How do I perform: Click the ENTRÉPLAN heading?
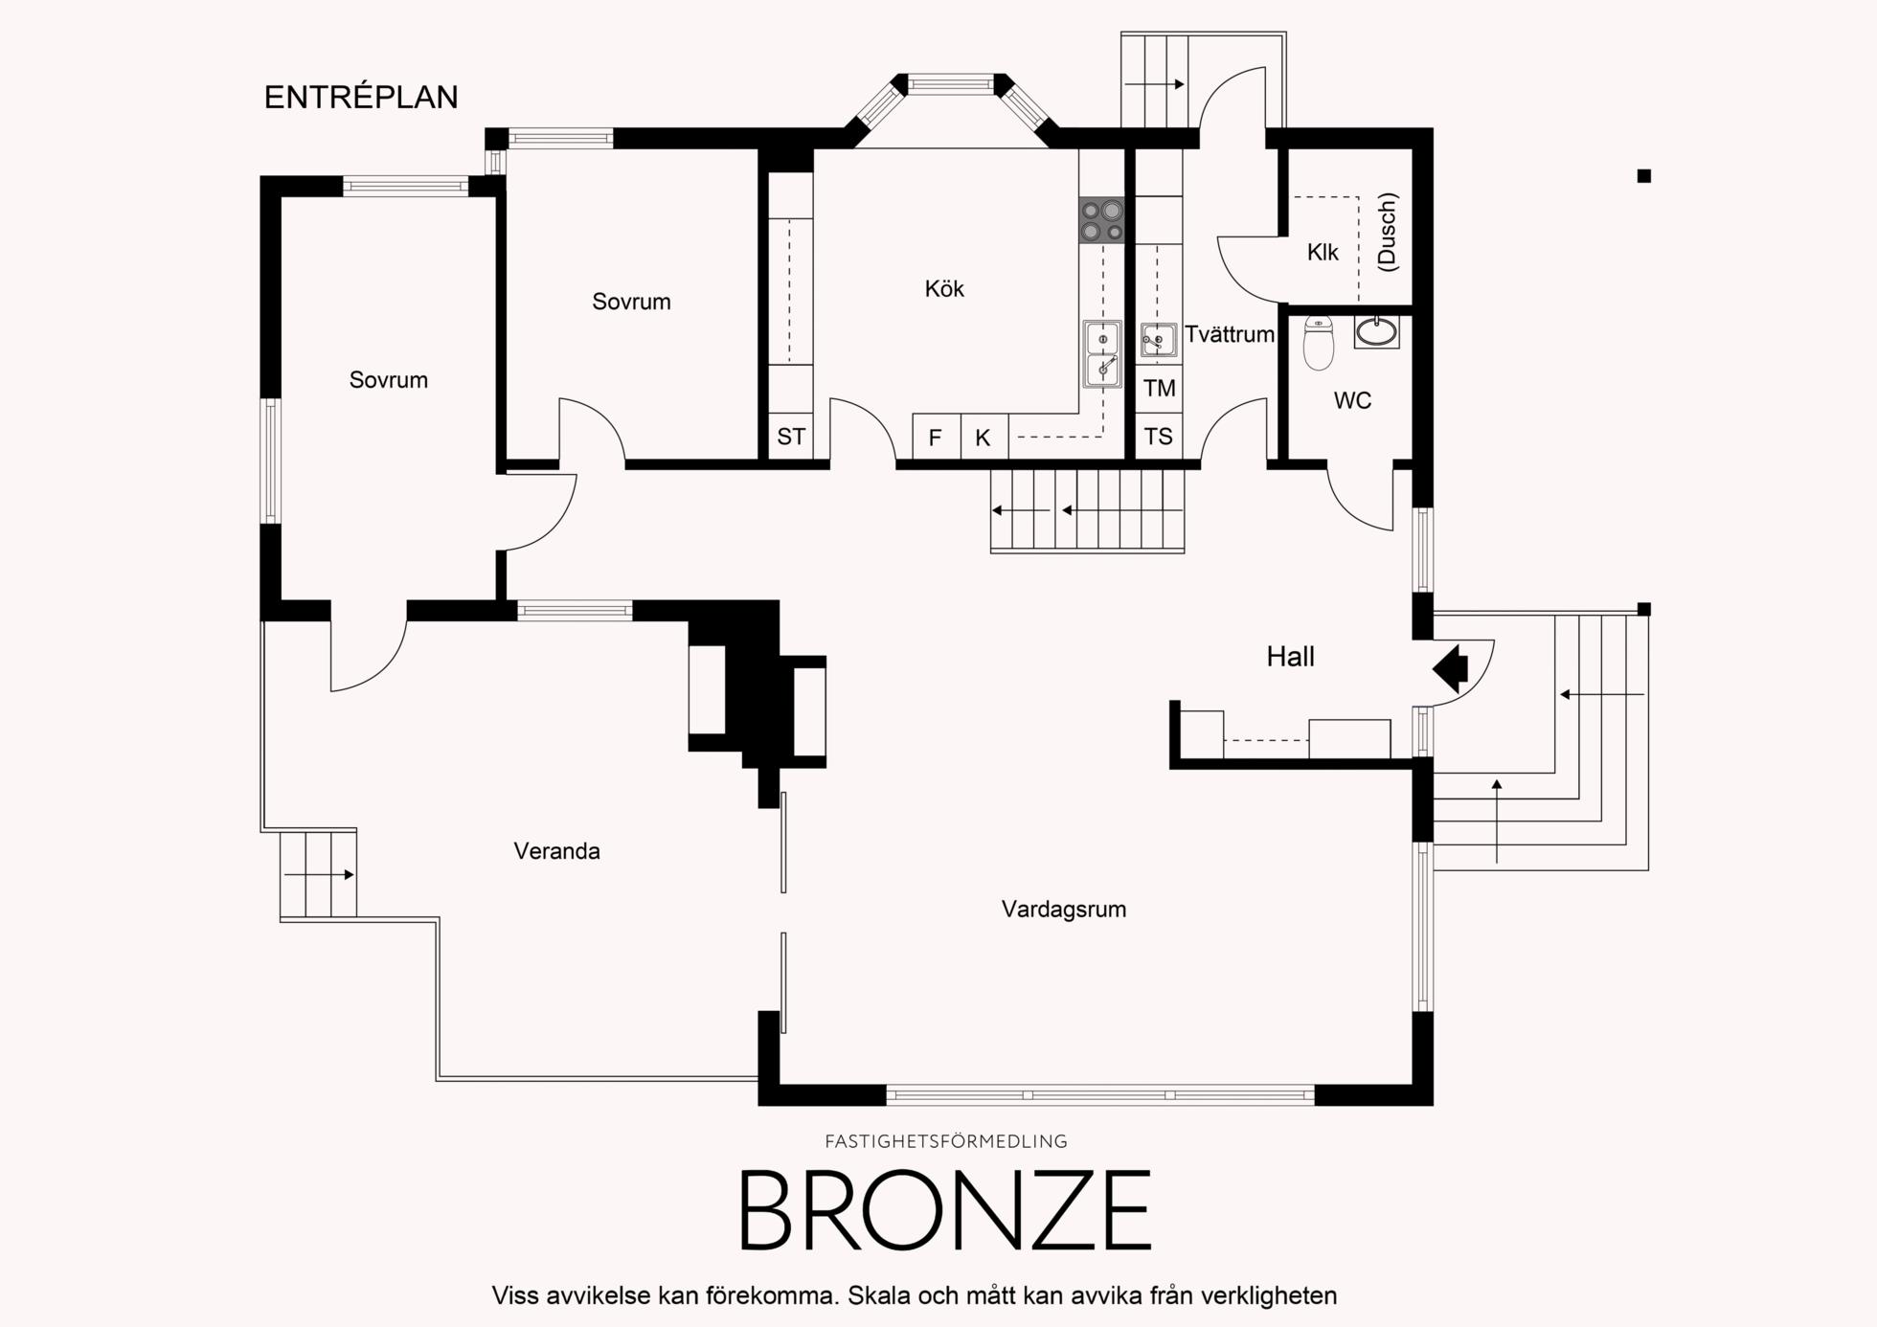(x=361, y=97)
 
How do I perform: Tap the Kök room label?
(x=944, y=288)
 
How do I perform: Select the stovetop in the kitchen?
(x=1101, y=220)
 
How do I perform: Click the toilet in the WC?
(x=1319, y=343)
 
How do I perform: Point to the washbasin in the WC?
(x=1377, y=331)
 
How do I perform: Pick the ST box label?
(x=791, y=437)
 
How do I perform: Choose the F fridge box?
(x=937, y=438)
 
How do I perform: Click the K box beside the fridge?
(x=984, y=438)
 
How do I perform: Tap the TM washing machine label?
(x=1159, y=388)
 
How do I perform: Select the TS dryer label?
(x=1159, y=437)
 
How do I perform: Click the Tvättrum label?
(x=1230, y=334)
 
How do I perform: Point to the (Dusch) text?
(x=1387, y=232)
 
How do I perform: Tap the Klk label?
(x=1323, y=252)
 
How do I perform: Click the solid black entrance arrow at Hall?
(x=1451, y=667)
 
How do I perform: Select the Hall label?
(x=1290, y=657)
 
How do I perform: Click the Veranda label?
(x=556, y=851)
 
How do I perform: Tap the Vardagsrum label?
(x=1064, y=910)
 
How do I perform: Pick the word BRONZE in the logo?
(x=945, y=1210)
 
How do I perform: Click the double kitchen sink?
(x=1102, y=354)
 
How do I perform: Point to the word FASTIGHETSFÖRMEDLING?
(x=946, y=1141)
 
